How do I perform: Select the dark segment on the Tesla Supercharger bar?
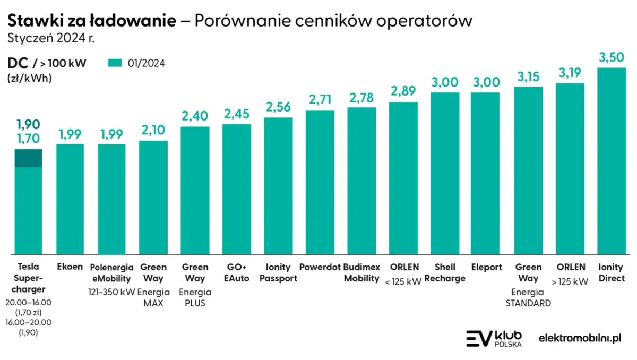28,158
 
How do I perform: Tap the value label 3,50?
612,57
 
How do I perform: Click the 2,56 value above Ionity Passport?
278,107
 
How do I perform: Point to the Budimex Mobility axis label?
361,272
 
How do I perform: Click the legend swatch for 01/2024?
115,63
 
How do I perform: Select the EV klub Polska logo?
494,338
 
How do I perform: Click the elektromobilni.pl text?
580,338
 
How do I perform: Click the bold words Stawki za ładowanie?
91,21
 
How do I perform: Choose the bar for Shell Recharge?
444,173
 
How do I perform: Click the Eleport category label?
486,267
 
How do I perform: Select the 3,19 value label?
570,73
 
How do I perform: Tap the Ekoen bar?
70,199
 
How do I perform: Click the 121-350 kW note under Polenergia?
111,292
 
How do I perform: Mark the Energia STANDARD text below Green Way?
528,297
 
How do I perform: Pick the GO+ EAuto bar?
237,189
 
